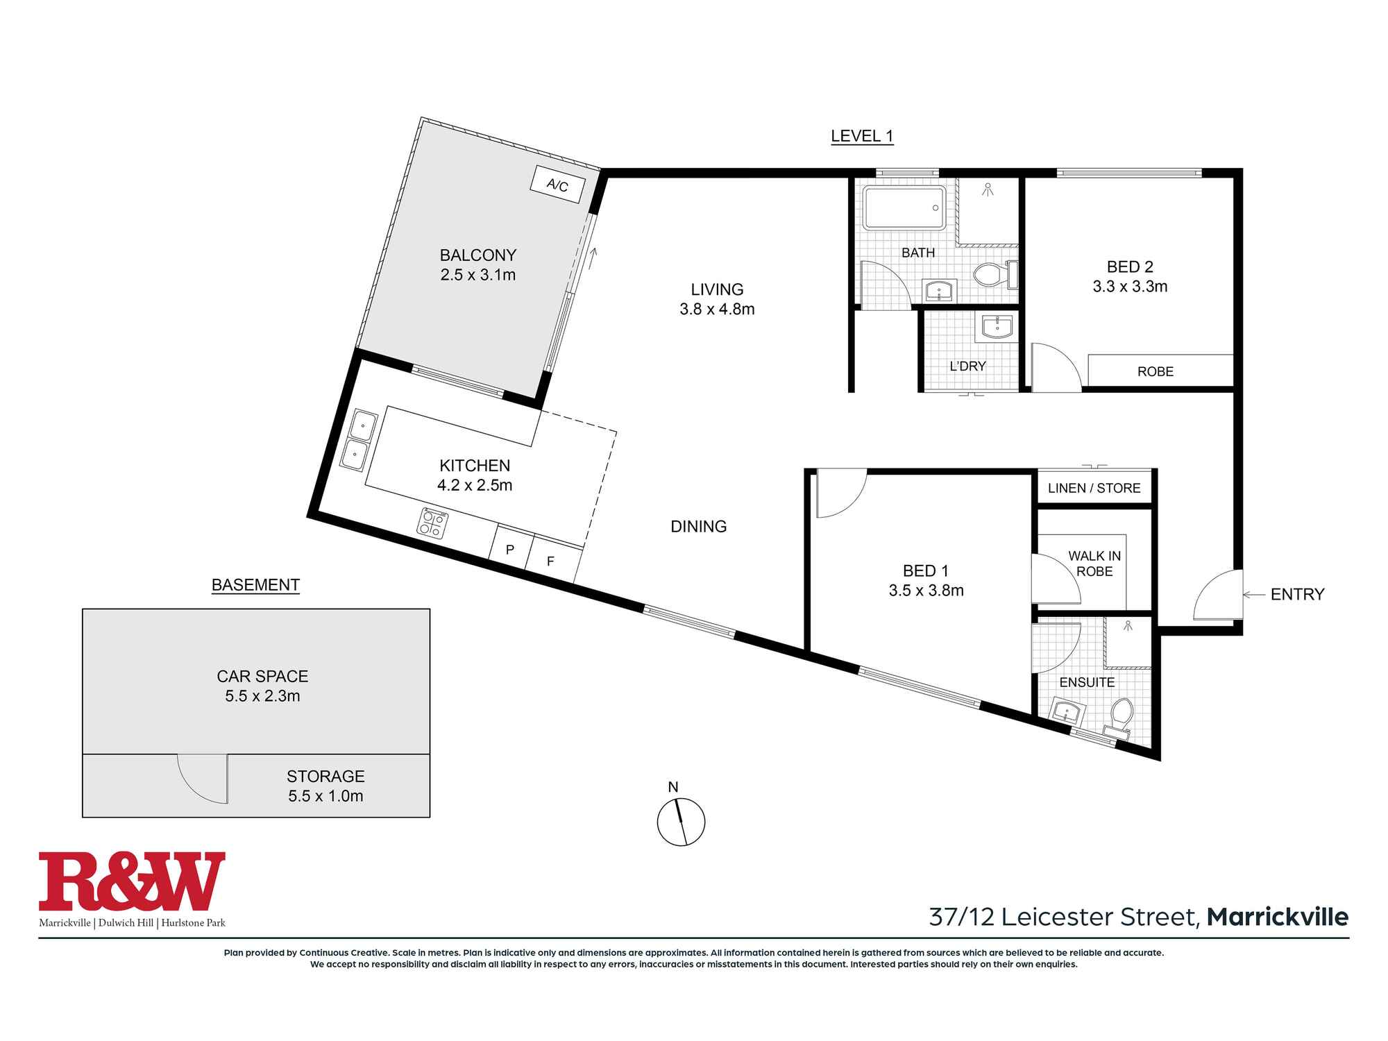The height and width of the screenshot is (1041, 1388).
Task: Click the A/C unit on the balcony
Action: (557, 185)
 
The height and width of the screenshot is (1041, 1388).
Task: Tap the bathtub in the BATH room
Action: (905, 208)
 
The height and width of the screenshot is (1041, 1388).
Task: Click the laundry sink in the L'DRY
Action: (994, 328)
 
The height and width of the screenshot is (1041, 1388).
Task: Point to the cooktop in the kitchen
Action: (432, 523)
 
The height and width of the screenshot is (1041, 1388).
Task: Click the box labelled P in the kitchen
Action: (510, 550)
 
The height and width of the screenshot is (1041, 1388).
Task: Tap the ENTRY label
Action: (1297, 594)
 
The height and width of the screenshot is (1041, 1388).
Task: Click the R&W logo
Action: (132, 881)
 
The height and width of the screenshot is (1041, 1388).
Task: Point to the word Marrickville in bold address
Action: (1278, 917)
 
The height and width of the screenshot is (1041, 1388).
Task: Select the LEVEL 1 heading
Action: (862, 136)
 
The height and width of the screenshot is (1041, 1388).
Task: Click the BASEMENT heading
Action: (255, 585)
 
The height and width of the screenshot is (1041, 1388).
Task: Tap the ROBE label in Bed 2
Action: (1156, 371)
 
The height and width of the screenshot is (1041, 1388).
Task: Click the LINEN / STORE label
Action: (1094, 488)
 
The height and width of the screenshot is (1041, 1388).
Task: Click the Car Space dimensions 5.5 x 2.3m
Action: (262, 696)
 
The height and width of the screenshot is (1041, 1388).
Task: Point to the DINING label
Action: (699, 527)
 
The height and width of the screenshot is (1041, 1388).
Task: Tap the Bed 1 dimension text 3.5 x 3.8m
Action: (926, 591)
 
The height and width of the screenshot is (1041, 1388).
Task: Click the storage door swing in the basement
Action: (203, 778)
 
